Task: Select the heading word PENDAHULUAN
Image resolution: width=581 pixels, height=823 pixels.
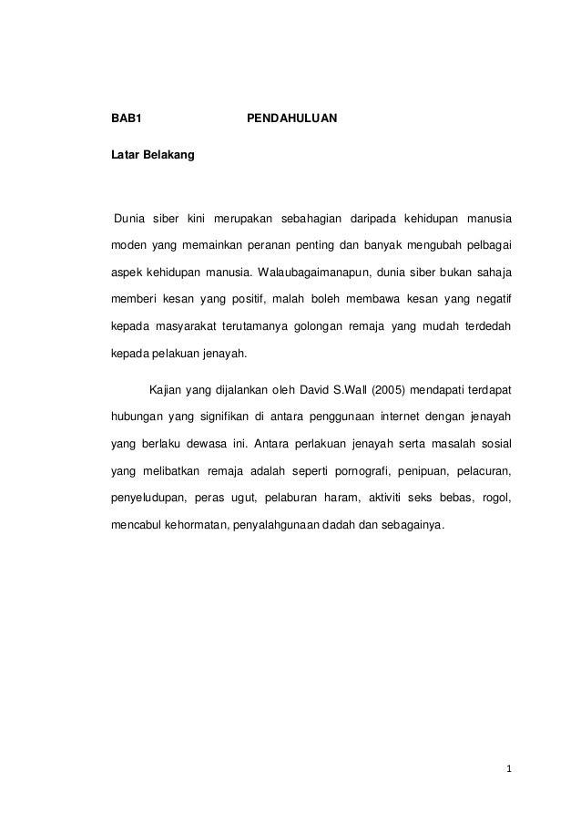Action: (292, 118)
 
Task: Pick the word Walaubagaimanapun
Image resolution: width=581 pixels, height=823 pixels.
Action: (307, 273)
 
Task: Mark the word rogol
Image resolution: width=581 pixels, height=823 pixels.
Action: (496, 499)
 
